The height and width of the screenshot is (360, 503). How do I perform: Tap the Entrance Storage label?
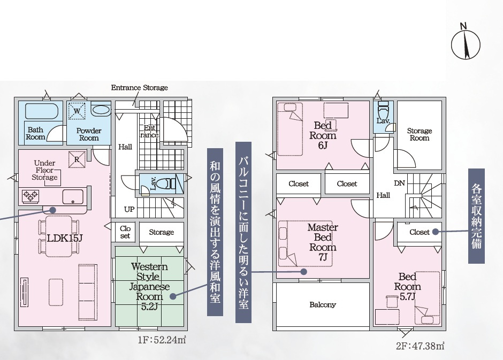[140, 88]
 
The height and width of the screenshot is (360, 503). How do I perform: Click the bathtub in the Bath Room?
[41, 112]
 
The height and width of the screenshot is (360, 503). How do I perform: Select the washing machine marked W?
[77, 111]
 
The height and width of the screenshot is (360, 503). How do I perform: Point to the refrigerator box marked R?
[77, 159]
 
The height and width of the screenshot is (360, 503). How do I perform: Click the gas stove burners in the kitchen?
[31, 196]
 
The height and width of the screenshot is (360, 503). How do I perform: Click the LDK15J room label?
[65, 238]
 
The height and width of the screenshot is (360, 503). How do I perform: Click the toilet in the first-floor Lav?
[169, 183]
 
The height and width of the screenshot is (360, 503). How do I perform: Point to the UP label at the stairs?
[129, 209]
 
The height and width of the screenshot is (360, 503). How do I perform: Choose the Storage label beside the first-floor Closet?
[162, 232]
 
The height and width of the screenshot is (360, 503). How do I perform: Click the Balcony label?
[323, 304]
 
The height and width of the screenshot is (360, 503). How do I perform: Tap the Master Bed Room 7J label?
[323, 242]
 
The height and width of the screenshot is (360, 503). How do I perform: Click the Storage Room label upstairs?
[420, 134]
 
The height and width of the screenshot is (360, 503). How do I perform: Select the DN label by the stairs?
[399, 183]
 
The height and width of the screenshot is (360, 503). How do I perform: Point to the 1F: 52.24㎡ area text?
[162, 340]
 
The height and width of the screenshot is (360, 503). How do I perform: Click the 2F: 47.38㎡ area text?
[420, 346]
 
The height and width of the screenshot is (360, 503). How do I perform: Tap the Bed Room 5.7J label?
[407, 286]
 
